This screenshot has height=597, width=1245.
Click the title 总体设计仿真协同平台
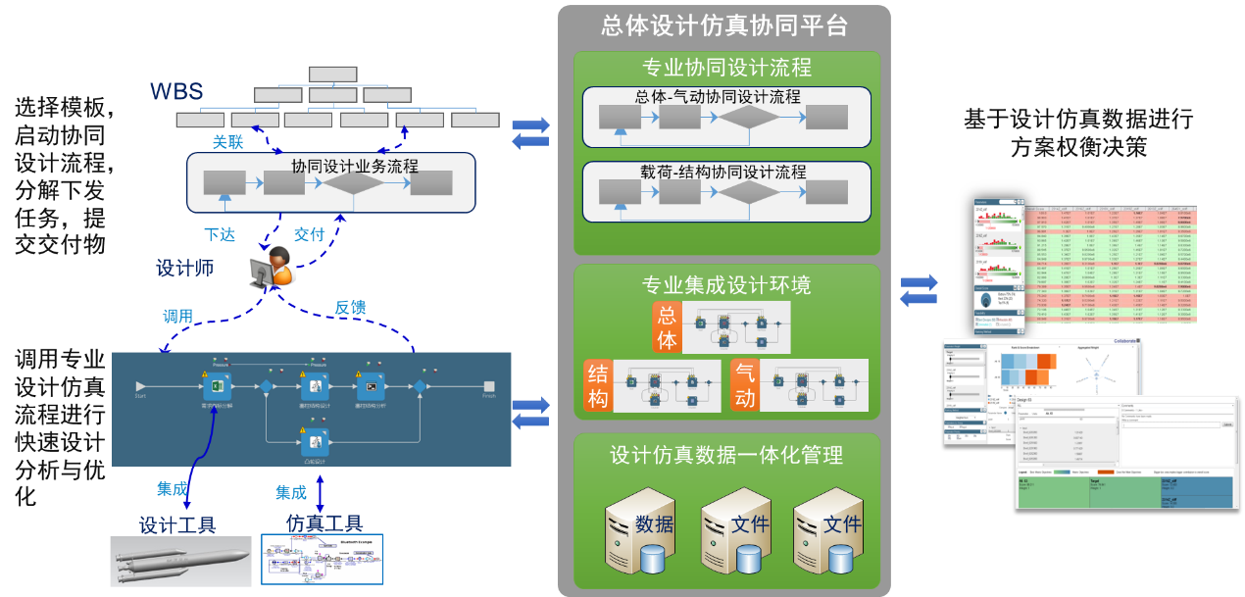724,26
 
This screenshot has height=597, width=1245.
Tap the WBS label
176,92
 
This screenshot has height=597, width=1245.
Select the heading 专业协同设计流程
726,69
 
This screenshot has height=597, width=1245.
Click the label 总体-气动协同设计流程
718,97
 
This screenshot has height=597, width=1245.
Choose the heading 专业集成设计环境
726,285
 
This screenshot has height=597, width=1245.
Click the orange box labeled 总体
667,327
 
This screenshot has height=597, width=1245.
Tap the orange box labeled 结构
598,384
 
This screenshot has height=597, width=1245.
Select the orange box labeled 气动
746,384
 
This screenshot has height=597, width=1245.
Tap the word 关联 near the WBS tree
228,141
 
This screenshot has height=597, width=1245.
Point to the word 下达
219,235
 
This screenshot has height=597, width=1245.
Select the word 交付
309,235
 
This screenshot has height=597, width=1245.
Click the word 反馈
350,308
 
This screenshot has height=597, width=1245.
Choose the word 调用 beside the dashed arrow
177,316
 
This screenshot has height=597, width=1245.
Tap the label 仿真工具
324,523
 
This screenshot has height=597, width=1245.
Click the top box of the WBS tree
332,75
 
